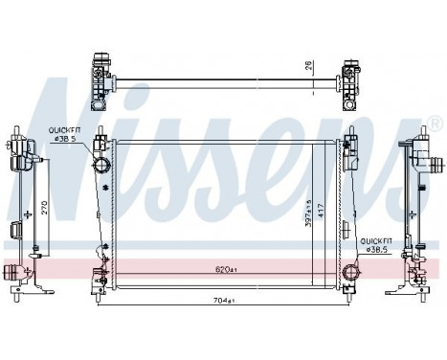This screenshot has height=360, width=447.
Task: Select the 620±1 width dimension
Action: click(x=224, y=271)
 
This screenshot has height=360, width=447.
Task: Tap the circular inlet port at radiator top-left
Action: click(x=102, y=168)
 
